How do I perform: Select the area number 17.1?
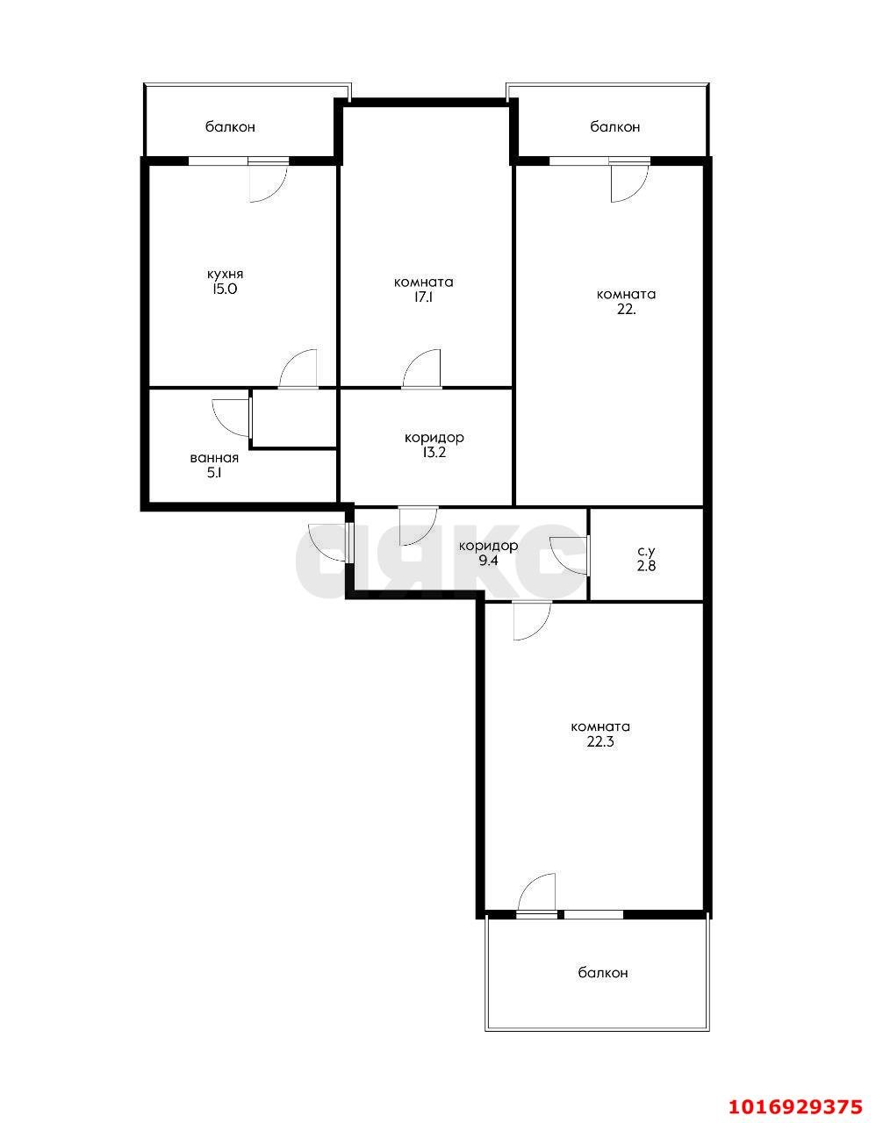click(423, 297)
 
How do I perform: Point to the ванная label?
click(214, 458)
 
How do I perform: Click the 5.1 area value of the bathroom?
click(213, 473)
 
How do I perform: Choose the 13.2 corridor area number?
click(434, 453)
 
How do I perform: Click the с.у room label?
click(646, 552)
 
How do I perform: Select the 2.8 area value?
click(646, 566)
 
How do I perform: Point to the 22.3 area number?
click(599, 742)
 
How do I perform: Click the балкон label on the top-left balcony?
click(231, 127)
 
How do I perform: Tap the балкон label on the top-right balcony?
click(614, 127)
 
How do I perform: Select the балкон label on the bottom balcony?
click(603, 973)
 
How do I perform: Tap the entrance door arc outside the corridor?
click(328, 543)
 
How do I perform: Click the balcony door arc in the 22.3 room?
click(537, 893)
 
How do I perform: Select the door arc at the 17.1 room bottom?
click(421, 368)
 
